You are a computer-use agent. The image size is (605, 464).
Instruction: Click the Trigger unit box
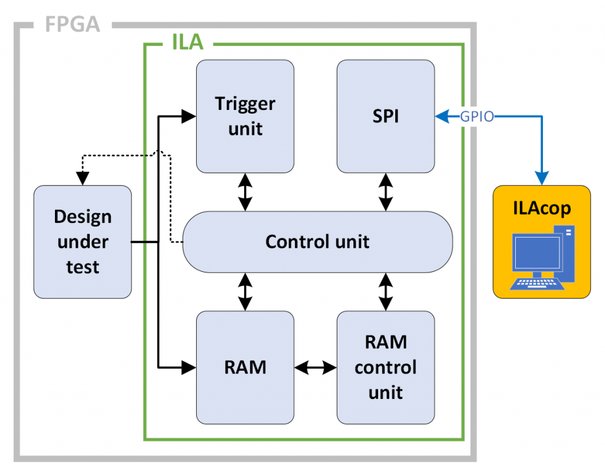pyautogui.click(x=245, y=116)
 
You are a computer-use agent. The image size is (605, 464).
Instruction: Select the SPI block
pyautogui.click(x=385, y=116)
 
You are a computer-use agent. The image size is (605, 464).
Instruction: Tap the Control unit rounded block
pyautogui.click(x=317, y=241)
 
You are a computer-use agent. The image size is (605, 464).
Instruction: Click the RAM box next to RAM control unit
pyautogui.click(x=245, y=367)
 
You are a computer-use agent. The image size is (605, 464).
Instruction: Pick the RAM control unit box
pyautogui.click(x=385, y=367)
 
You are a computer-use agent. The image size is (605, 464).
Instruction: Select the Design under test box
pyautogui.click(x=83, y=241)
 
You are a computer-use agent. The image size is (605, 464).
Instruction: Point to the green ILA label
pyautogui.click(x=187, y=43)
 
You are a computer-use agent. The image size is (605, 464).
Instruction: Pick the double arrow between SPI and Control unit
pyautogui.click(x=386, y=192)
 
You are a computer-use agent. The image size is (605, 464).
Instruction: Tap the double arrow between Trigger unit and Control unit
pyautogui.click(x=245, y=192)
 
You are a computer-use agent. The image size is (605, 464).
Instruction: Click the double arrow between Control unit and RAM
pyautogui.click(x=245, y=291)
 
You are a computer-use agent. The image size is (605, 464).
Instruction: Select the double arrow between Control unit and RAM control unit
pyautogui.click(x=386, y=291)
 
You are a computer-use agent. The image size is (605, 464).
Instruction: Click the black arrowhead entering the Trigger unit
pyautogui.click(x=188, y=116)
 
